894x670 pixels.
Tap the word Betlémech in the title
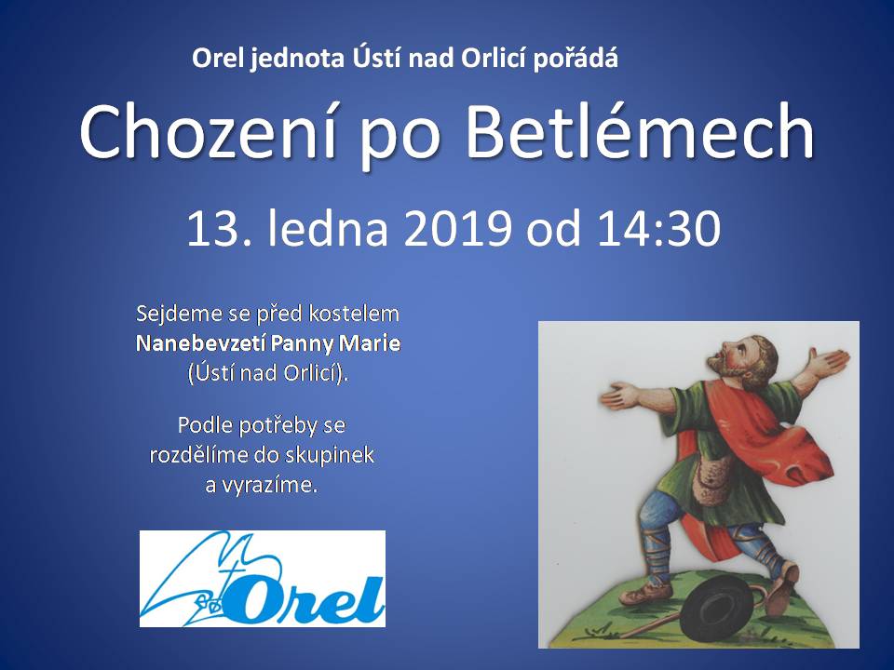pos(641,131)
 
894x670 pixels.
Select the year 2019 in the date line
pos(456,229)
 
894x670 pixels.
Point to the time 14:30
pos(658,229)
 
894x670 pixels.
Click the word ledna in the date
pos(328,228)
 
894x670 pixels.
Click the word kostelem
pos(354,314)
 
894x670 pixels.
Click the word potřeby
pos(275,426)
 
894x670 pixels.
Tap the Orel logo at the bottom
pos(263,579)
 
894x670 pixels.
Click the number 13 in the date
pos(212,229)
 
